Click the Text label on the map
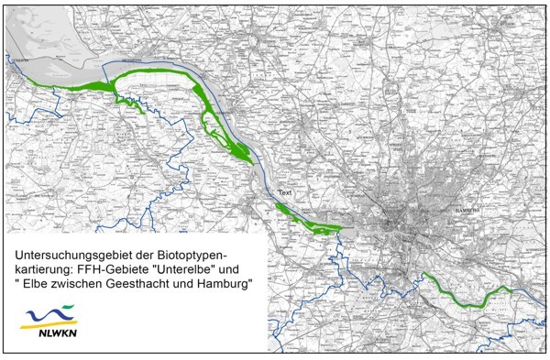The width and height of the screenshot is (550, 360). [x=287, y=194]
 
